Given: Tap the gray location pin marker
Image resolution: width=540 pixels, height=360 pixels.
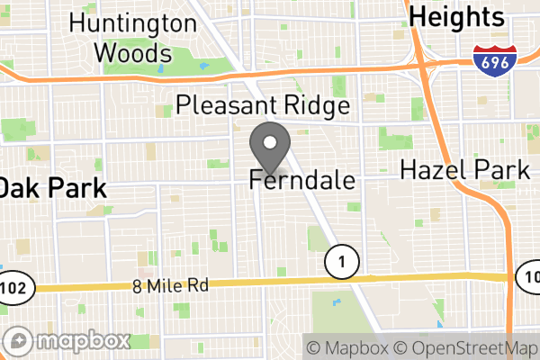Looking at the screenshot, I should (x=270, y=147).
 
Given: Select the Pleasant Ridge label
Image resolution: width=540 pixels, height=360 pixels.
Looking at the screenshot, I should (x=263, y=106).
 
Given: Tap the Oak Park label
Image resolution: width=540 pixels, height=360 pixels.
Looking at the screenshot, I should (x=52, y=189).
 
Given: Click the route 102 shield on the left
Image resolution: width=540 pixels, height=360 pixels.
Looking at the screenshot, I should (x=20, y=289).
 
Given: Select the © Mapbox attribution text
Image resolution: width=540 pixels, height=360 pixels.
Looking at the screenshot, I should (x=346, y=347).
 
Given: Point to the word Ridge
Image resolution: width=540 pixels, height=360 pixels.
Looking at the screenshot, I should (x=316, y=106).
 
